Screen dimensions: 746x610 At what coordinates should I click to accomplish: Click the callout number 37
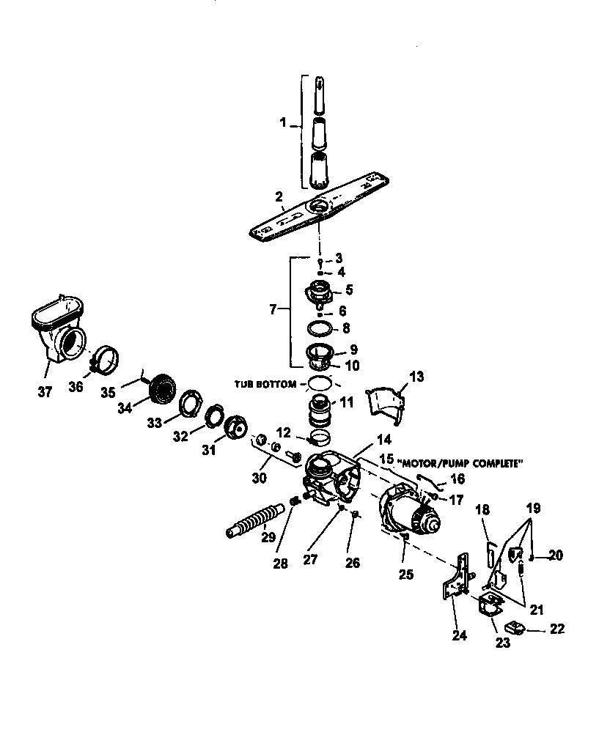[x=45, y=392]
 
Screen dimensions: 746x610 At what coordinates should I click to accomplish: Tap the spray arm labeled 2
[x=320, y=213]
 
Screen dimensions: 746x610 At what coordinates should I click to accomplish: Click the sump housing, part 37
[x=59, y=330]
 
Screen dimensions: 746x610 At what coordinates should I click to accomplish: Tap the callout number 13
[x=416, y=377]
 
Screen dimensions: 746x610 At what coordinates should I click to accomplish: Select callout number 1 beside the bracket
[x=283, y=123]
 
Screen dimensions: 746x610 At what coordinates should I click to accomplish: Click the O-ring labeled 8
[x=320, y=328]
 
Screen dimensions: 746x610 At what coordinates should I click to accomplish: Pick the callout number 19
[x=534, y=507]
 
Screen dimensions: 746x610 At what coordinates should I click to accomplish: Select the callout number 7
[x=273, y=310]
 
